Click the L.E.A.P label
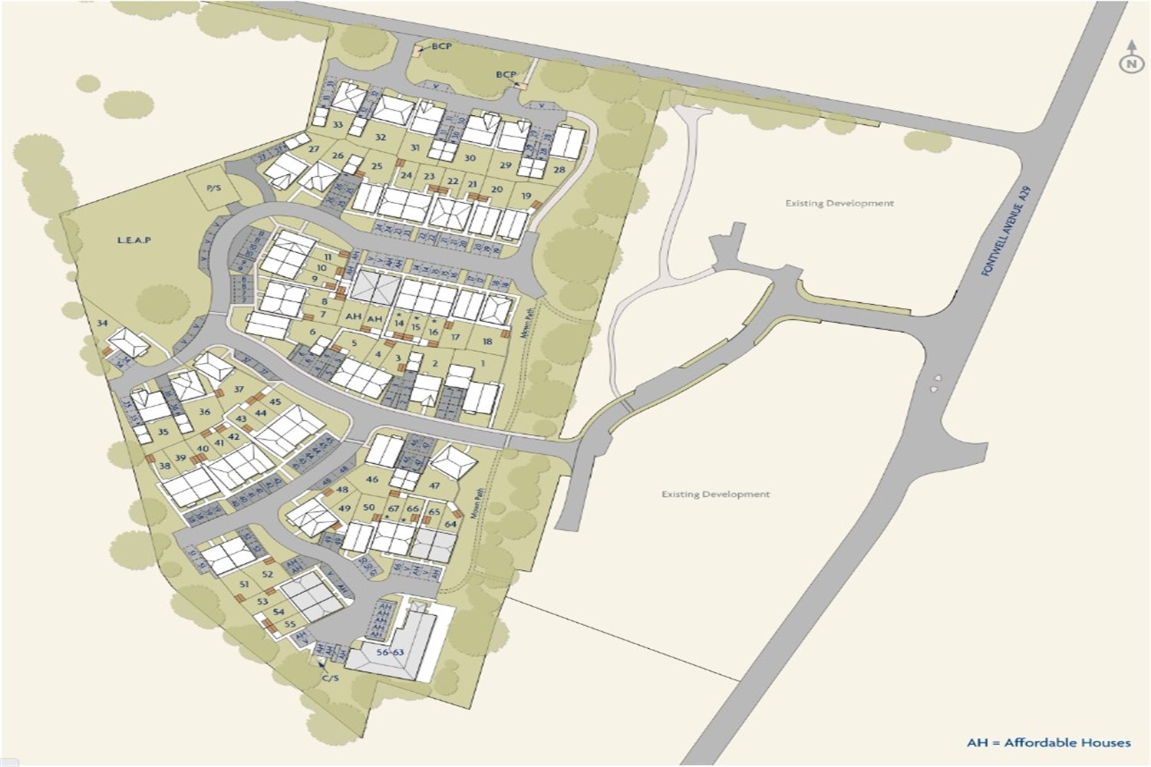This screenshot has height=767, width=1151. point(134,240)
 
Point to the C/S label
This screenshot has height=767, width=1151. point(330,678)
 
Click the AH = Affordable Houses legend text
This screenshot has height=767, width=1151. point(1048,742)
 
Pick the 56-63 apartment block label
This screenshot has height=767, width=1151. point(390,652)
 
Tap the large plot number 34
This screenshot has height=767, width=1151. point(102,323)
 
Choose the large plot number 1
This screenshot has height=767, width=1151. point(483,363)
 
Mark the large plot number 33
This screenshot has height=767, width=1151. point(338,124)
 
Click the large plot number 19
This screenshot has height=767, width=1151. point(526,196)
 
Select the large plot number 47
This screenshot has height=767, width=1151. point(435,486)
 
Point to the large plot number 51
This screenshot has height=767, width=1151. point(244,584)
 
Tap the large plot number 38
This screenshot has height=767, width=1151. point(164,466)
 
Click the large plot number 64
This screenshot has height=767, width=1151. point(450,524)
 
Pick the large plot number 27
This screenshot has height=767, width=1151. point(313,150)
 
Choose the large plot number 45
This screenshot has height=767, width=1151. point(275,402)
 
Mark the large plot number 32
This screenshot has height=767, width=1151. point(380,137)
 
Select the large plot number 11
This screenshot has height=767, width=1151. point(328,256)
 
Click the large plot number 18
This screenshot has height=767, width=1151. point(487,341)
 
